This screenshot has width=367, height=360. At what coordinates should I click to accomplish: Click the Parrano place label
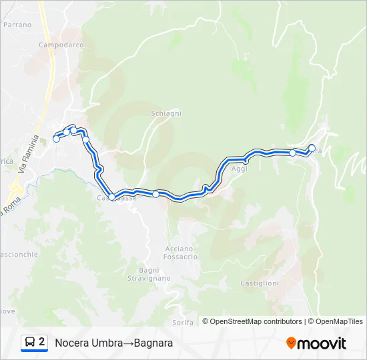17,25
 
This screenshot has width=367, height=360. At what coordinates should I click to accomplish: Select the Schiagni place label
166,113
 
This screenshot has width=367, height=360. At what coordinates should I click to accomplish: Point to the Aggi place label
239,169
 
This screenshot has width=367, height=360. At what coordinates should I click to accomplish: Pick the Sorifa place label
183,322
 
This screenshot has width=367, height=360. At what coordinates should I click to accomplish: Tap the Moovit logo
316,343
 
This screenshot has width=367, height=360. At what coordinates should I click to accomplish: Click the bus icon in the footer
30,342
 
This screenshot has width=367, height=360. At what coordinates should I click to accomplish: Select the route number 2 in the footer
42,342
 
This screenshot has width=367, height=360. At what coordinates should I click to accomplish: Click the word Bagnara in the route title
153,343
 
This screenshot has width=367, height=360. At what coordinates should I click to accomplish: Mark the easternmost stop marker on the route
312,148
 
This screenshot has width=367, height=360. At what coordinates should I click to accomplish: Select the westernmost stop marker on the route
57,139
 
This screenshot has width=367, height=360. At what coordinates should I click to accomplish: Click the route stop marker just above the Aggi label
246,160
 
